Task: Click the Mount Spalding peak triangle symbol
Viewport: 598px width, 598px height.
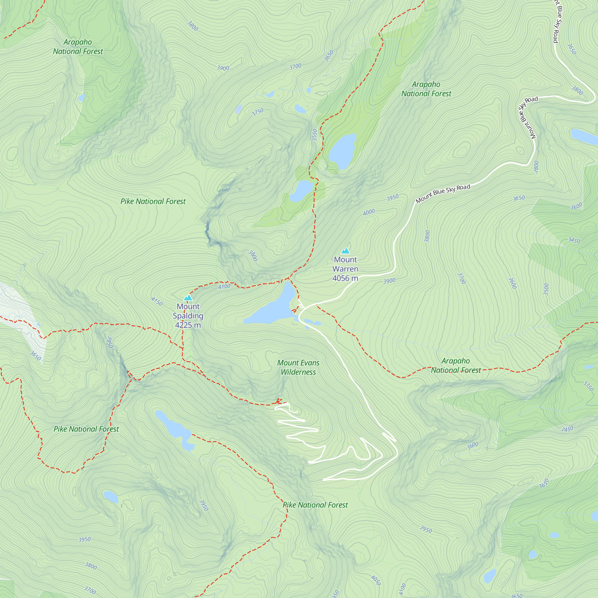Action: [188, 298]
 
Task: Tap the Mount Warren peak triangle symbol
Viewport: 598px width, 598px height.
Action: [345, 251]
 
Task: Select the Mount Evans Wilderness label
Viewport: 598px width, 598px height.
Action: [298, 367]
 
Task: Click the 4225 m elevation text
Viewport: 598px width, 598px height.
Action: [188, 325]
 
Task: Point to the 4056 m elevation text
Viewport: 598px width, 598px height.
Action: [345, 278]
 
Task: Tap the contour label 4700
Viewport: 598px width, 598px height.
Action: [224, 286]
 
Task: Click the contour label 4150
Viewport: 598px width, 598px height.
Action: [157, 301]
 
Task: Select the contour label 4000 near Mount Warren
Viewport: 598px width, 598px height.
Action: [369, 212]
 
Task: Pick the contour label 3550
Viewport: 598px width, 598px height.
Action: [315, 135]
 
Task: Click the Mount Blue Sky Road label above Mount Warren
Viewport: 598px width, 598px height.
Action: [443, 193]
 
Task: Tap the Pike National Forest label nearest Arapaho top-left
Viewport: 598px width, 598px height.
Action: [153, 202]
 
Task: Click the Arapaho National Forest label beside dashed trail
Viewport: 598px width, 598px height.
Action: [456, 366]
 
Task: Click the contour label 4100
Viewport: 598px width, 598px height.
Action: [402, 589]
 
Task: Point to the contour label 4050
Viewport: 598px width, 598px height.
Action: [376, 580]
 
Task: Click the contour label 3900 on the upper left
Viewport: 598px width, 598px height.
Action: [223, 68]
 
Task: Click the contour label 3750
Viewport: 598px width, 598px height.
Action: [257, 112]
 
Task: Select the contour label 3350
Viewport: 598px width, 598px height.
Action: [588, 386]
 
